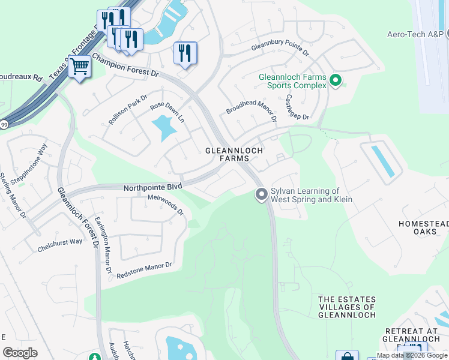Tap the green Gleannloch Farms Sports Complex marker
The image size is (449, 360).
click(x=336, y=80)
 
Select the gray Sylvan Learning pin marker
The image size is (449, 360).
click(x=261, y=194)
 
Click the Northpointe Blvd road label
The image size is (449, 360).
click(x=152, y=187)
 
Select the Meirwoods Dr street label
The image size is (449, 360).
click(x=165, y=205)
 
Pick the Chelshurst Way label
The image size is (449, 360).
click(x=59, y=241)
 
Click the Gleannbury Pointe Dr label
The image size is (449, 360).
click(x=280, y=48)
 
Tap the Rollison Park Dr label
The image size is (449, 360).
click(x=128, y=107)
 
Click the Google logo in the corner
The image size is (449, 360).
click(x=20, y=353)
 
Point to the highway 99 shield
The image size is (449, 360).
click(x=4, y=124)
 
